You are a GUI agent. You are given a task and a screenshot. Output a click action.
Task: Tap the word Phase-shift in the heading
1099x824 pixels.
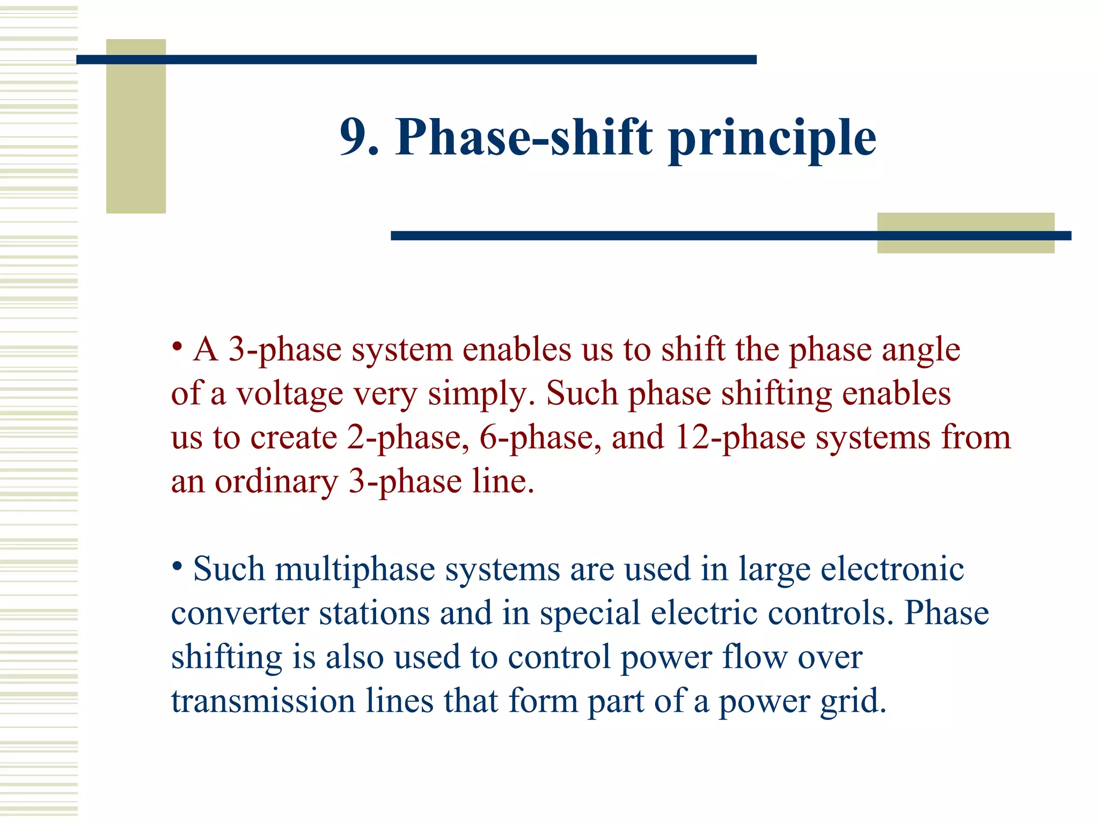tap(524, 137)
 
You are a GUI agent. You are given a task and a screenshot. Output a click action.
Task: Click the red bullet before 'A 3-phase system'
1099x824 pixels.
tap(178, 345)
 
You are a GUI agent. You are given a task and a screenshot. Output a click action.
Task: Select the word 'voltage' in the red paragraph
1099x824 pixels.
tap(289, 394)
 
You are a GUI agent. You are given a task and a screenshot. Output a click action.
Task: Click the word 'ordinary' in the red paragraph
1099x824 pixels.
tap(276, 482)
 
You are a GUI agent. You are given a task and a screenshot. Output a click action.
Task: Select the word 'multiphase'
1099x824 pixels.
tap(355, 570)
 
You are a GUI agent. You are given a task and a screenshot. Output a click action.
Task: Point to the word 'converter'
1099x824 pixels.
tap(240, 613)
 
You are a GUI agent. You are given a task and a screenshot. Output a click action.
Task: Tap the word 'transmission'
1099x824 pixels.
tap(263, 701)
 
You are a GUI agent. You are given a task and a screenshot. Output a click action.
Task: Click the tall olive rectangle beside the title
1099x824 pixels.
tap(136, 126)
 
